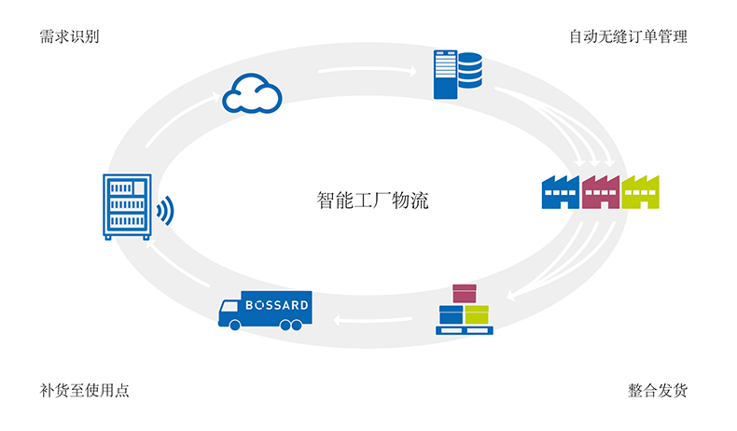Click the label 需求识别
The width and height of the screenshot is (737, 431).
click(69, 37)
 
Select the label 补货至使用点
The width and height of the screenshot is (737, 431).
click(84, 391)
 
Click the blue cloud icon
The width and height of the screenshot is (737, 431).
click(252, 94)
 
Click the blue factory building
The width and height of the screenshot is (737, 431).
click(560, 192)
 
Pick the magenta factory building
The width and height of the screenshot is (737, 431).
click(600, 192)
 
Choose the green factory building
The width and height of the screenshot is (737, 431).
click(640, 192)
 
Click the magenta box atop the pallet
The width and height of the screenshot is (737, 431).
click(464, 293)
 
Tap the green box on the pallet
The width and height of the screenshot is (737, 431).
click(477, 314)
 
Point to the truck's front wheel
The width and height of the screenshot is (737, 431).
click(234, 325)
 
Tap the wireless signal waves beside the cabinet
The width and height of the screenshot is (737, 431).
click(165, 211)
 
